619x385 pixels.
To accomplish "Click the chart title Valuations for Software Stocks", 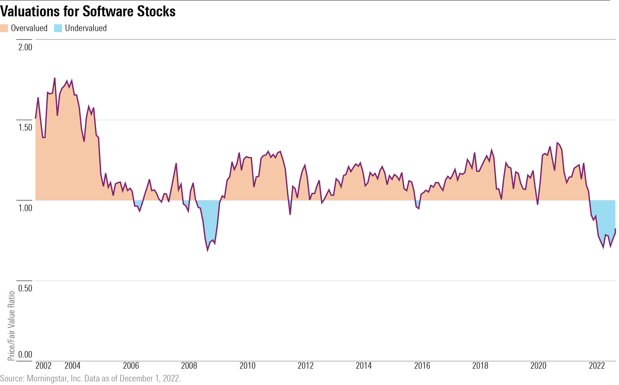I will point(88,11).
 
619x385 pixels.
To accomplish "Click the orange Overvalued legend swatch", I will point(4,28).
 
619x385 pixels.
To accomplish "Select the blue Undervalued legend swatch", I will point(58,28).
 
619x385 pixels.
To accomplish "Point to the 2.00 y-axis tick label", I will point(25,47).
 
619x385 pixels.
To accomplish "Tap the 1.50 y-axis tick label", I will point(25,128).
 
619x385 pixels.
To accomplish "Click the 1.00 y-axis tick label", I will point(25,208).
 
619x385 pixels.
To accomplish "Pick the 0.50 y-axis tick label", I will point(25,288).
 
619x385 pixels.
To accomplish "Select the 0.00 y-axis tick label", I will point(25,354).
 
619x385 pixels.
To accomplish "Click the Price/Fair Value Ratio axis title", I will point(11,325).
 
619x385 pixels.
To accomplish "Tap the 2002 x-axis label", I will point(43,366).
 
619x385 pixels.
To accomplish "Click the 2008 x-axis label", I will point(189,366).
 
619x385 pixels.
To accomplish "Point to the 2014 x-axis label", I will point(364,366).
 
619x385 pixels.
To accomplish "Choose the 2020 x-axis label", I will point(538,366).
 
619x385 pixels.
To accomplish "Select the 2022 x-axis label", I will point(597,366).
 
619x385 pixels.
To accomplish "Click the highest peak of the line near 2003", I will point(55,78).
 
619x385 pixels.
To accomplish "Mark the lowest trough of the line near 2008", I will point(208,250).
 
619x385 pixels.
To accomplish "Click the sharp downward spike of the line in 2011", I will point(290,214).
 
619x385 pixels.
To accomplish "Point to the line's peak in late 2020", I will point(557,143).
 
